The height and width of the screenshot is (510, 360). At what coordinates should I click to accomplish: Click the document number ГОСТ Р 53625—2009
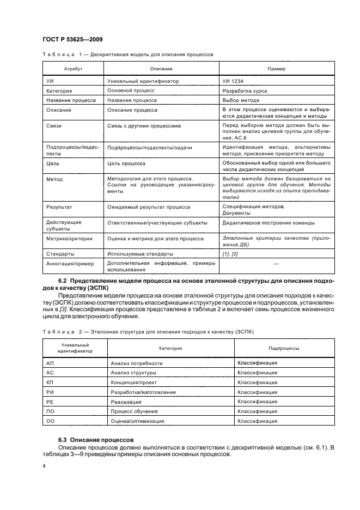[x=72, y=40]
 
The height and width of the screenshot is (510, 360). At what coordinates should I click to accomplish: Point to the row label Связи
[x=54, y=126]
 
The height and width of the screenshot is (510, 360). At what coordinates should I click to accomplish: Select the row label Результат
[x=59, y=208]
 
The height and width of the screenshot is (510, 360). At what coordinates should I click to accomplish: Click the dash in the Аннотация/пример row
[x=276, y=264]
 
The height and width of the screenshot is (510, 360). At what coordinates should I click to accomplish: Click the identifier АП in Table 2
[x=50, y=362]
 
